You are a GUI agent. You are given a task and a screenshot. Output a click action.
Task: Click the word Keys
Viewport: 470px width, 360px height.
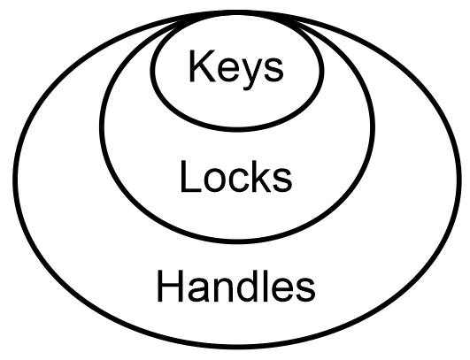click(x=236, y=70)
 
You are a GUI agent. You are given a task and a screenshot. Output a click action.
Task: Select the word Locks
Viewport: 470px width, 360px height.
click(x=236, y=177)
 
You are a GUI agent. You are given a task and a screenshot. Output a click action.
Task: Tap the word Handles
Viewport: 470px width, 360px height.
click(x=236, y=286)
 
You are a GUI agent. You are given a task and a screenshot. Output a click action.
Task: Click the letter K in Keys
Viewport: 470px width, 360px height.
click(x=203, y=65)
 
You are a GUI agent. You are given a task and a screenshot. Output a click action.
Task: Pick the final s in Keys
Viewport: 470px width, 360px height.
click(x=274, y=70)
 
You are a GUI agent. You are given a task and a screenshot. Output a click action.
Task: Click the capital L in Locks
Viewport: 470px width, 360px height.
click(x=190, y=176)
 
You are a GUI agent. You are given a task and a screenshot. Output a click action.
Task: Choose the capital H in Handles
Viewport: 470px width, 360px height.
click(x=170, y=286)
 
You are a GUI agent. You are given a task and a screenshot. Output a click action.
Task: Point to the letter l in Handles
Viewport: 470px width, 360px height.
click(x=263, y=286)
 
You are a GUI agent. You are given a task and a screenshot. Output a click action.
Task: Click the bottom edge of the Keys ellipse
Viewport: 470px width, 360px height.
click(x=237, y=129)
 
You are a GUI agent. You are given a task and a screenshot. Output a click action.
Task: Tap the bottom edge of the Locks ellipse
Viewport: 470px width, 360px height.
click(x=237, y=241)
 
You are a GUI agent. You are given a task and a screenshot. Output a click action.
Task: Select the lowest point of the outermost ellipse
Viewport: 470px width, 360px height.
click(x=237, y=347)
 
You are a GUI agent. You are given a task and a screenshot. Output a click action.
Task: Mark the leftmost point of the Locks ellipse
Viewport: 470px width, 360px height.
click(x=101, y=126)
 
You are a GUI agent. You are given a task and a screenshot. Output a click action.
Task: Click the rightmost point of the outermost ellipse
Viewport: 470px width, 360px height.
click(x=459, y=180)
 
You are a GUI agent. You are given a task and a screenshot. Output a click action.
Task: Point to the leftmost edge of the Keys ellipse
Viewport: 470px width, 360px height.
click(x=152, y=70)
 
